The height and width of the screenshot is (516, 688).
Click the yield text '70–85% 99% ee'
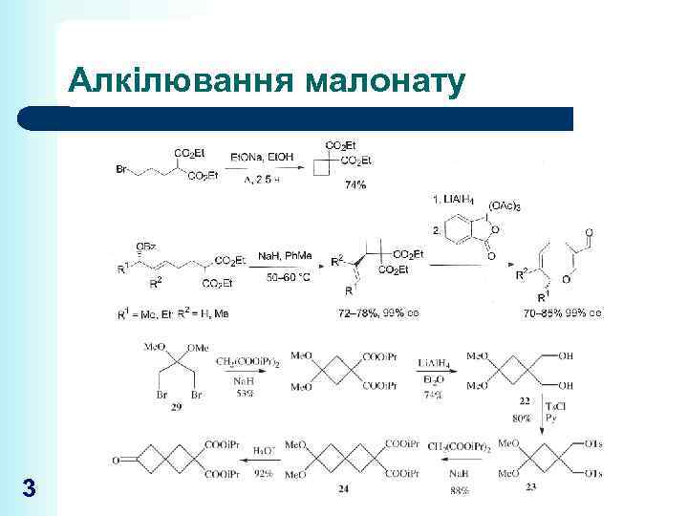point(563,312)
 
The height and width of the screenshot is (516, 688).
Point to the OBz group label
point(146,247)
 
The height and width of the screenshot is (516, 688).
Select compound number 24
point(342,490)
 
